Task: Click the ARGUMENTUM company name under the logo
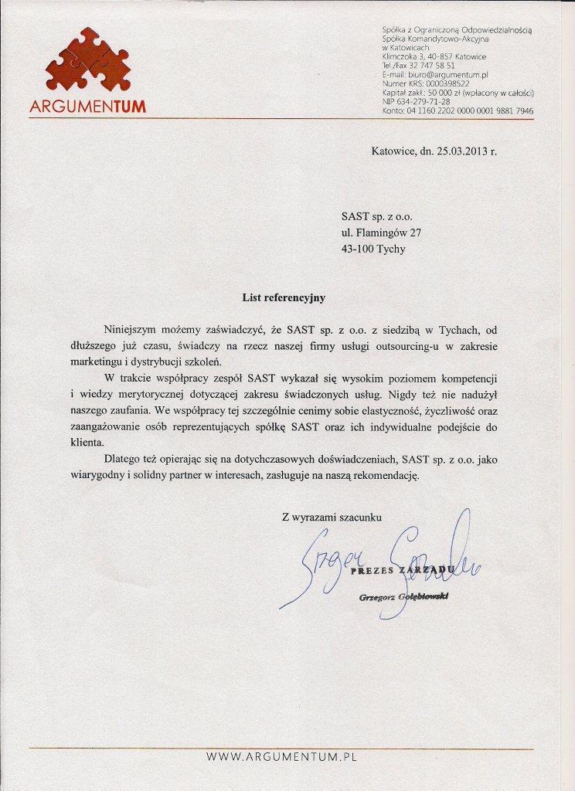tap(87, 107)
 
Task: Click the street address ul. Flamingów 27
tap(382, 232)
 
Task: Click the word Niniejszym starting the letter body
tap(135, 329)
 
